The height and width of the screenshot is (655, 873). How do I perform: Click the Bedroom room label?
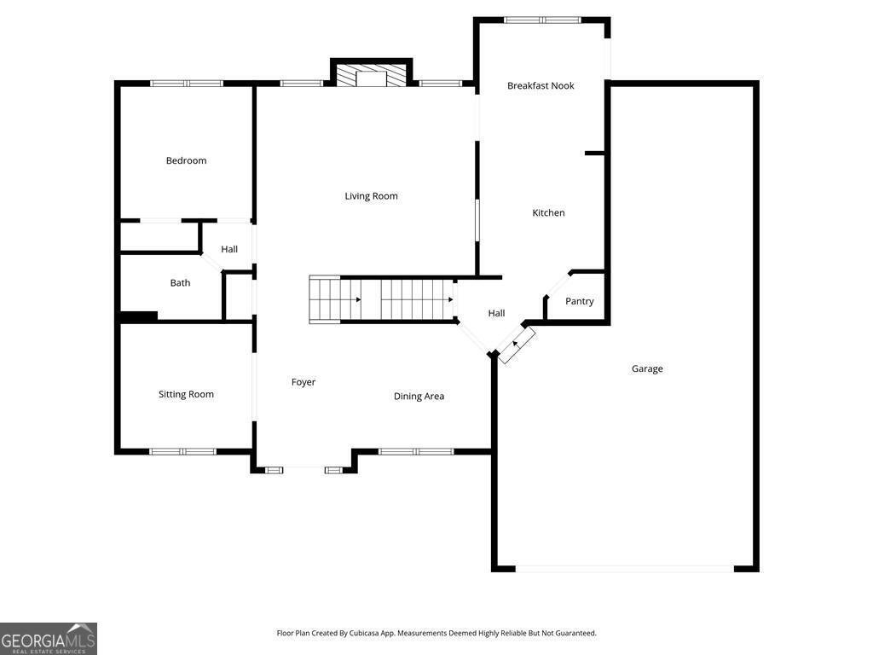[186, 160]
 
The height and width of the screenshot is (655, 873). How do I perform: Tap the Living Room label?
[371, 196]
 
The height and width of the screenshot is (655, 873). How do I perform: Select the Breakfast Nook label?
[541, 85]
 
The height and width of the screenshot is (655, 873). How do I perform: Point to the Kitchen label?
[548, 212]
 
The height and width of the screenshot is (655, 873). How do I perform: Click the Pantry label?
[580, 301]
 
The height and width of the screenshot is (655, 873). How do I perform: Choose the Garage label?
[647, 368]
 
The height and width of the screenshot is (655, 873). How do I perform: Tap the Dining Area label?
[419, 396]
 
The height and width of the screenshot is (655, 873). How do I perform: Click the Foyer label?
[304, 382]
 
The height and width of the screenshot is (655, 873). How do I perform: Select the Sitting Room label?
[186, 394]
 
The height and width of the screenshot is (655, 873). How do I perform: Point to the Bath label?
[180, 282]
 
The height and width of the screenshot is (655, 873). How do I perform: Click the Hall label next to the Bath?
[229, 249]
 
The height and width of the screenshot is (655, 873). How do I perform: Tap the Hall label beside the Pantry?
[496, 313]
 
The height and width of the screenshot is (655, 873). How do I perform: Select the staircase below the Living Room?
[380, 299]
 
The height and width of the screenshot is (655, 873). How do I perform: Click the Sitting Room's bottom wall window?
[183, 451]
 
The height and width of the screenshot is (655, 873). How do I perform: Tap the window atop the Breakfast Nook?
[542, 20]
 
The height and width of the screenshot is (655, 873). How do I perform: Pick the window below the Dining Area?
[416, 451]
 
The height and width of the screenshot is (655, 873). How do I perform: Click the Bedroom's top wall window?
[187, 83]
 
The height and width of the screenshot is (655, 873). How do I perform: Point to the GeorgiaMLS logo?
[49, 639]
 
